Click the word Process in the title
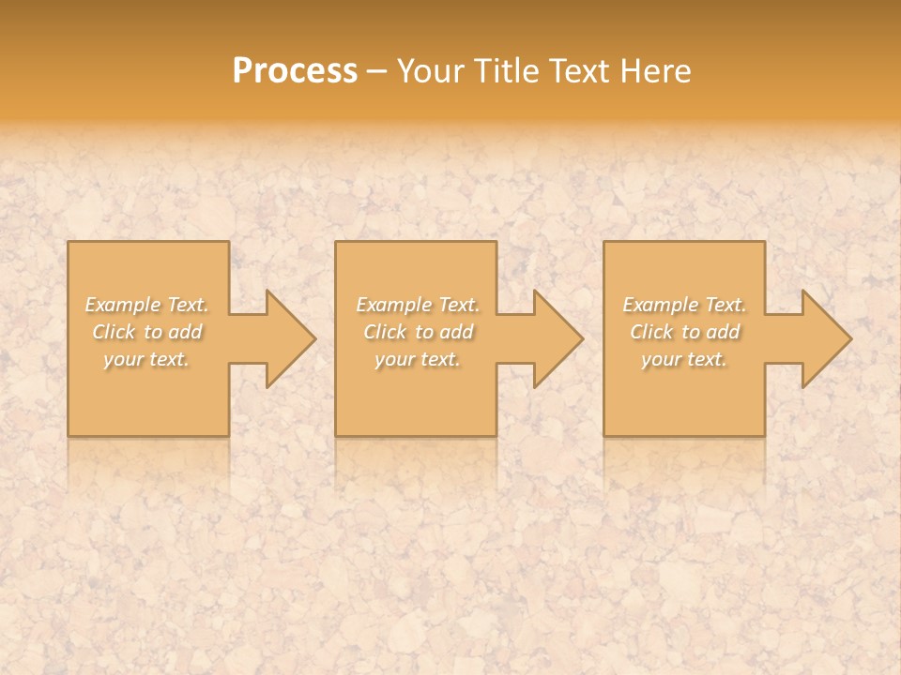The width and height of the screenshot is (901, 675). click(295, 71)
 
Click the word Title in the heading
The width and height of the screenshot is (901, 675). click(506, 71)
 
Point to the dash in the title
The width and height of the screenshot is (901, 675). click(377, 72)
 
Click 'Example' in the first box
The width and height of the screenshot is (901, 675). click(123, 305)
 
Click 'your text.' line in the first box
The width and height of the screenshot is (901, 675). click(146, 359)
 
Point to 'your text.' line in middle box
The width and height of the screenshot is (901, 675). click(417, 359)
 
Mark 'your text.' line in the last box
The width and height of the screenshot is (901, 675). click(684, 359)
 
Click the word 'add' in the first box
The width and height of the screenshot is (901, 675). click(185, 332)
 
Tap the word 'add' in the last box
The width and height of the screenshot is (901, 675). click(723, 332)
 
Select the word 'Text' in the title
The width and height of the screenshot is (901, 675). click(579, 71)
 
